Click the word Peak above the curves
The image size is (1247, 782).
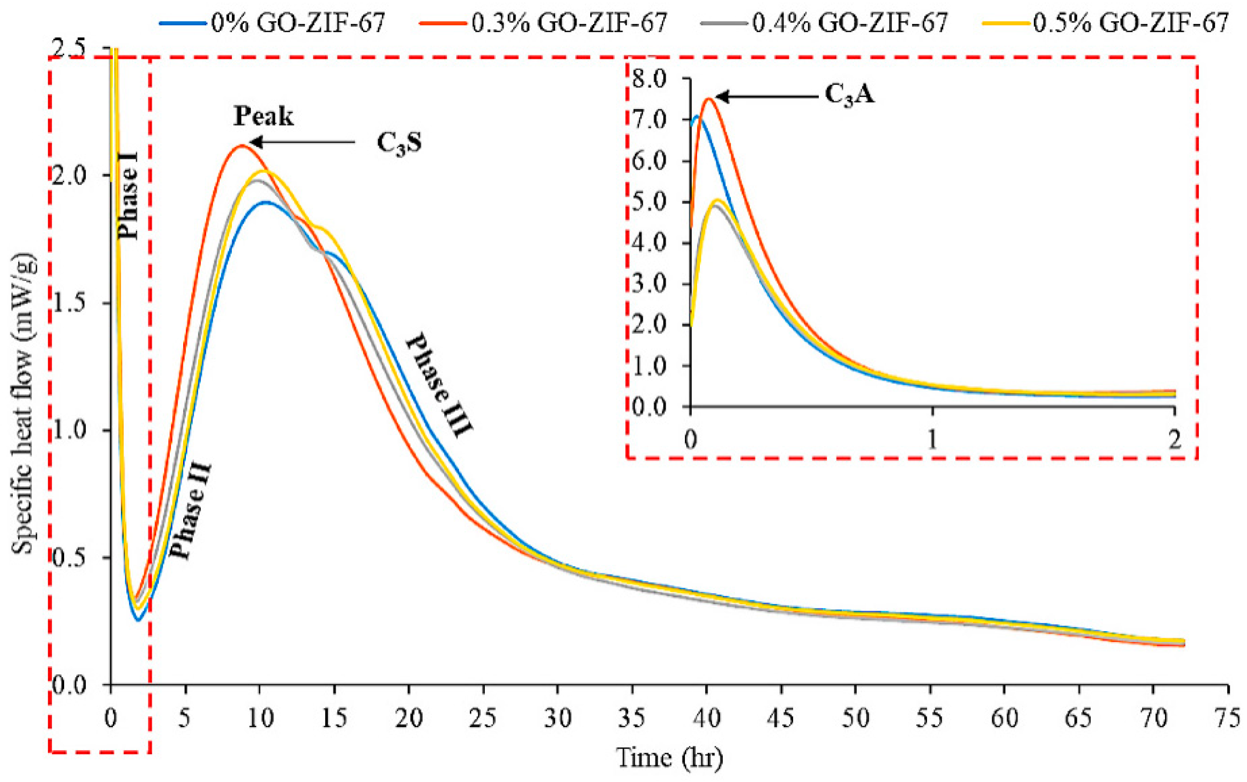263,117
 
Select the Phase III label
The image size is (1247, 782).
439,385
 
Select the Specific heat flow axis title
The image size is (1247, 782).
23,404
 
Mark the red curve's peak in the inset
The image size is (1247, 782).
708,99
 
